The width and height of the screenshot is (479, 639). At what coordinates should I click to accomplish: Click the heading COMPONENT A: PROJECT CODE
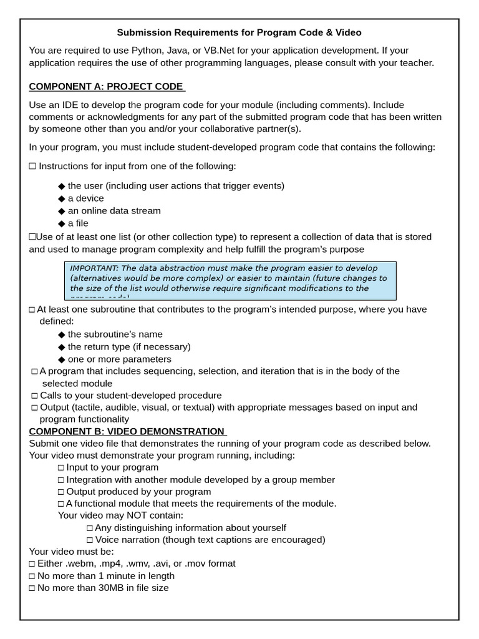click(106, 87)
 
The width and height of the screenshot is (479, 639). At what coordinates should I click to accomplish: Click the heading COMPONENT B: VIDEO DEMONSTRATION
click(127, 431)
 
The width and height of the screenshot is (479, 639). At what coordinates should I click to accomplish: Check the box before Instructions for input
click(32, 166)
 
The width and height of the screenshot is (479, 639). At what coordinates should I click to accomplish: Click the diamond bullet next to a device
click(61, 198)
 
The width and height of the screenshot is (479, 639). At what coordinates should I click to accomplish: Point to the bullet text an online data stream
click(114, 211)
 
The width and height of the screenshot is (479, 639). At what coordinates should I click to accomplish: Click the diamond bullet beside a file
click(61, 223)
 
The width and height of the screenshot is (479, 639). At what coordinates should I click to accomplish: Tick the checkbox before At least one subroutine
click(32, 310)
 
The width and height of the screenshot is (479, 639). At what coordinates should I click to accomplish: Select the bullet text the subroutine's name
click(115, 334)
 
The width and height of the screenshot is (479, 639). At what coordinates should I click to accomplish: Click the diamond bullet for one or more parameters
click(61, 359)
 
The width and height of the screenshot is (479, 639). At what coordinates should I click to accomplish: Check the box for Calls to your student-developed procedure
click(34, 396)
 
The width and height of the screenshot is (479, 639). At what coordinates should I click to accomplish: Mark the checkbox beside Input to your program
click(61, 467)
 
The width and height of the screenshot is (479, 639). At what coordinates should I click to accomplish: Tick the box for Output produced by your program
click(61, 492)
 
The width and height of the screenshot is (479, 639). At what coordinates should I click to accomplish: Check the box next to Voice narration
click(90, 540)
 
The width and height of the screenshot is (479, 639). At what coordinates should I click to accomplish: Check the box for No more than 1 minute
click(32, 576)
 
